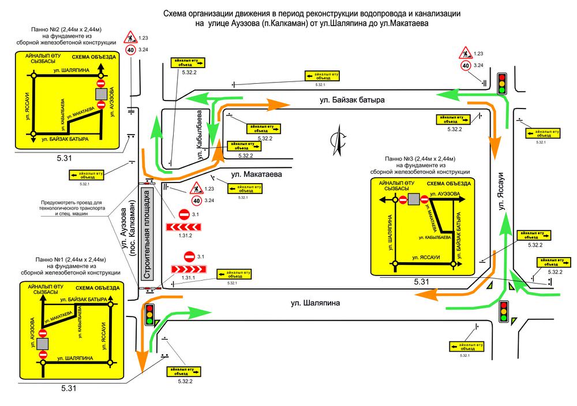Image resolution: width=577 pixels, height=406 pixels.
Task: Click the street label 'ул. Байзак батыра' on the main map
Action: click(352, 100)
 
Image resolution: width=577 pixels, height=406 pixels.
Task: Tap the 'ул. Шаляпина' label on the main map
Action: click(315, 302)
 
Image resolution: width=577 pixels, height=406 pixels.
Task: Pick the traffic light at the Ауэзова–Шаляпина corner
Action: click(151, 315)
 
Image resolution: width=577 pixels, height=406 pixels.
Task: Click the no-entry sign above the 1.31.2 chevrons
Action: click(185, 214)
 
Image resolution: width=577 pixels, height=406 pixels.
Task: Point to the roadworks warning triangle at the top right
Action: click(465, 54)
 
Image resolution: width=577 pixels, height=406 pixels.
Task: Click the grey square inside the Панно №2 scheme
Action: click(101, 94)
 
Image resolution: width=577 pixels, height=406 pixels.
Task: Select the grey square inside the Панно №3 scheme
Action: click(413, 200)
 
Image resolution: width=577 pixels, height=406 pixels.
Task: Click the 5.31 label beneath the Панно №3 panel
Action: click(421, 282)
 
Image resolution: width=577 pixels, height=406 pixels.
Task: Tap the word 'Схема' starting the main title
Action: click(175, 13)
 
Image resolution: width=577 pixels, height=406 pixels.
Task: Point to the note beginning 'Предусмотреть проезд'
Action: click(72, 207)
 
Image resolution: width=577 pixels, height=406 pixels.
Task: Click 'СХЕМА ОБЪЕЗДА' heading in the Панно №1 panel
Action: click(98, 288)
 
